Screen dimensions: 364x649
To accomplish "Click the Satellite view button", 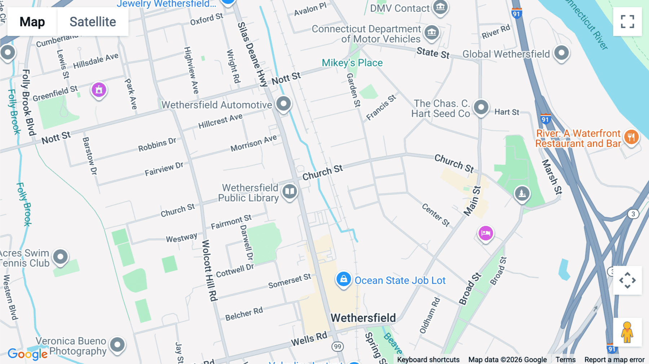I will [x=93, y=22].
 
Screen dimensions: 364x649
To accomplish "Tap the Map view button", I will [x=32, y=22].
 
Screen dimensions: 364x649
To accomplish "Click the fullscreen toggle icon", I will [x=627, y=22].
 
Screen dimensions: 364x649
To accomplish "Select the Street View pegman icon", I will [x=627, y=332].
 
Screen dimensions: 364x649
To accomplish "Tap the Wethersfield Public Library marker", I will [x=290, y=191].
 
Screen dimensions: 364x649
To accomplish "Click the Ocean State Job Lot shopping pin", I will [x=344, y=279].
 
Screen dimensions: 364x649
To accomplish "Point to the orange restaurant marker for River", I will [x=631, y=137].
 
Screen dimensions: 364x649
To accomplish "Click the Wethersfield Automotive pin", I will [x=283, y=104].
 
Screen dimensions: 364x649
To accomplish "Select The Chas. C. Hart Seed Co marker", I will [x=481, y=107].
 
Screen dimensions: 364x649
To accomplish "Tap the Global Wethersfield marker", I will [x=561, y=53].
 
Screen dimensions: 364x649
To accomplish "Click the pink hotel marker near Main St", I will [x=485, y=233].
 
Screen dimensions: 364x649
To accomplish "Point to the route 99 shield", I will [x=337, y=347].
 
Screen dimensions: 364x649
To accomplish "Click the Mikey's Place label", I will [x=352, y=63].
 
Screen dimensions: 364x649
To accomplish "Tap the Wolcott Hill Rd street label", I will [x=209, y=270].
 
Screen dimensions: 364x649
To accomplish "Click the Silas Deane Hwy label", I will [x=252, y=54].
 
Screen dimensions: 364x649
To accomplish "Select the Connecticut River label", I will [x=588, y=23].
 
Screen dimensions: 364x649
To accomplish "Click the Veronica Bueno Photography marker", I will [x=117, y=345].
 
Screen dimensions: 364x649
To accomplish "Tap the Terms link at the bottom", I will [x=565, y=359].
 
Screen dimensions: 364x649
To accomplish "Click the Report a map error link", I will [x=614, y=359].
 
